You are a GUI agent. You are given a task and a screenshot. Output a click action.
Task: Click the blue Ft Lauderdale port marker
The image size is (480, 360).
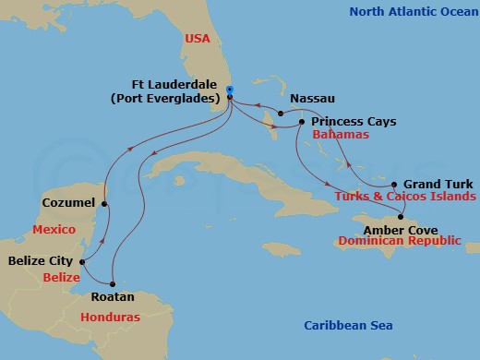pyautogui.click(x=230, y=90)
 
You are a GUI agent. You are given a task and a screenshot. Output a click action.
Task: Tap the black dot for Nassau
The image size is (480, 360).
pyautogui.click(x=281, y=114)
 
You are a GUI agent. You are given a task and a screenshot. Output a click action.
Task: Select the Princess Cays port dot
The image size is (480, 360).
pyautogui.click(x=301, y=121)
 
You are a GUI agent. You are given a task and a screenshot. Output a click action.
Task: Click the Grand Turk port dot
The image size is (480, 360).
pyautogui.click(x=394, y=184)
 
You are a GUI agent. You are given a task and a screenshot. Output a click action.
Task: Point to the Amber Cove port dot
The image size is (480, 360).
pyautogui.click(x=402, y=216)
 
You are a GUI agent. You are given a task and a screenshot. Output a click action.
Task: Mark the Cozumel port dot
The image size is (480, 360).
pyautogui.click(x=105, y=203)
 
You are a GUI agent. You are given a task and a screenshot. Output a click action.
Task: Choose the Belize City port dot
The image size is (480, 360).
pyautogui.click(x=82, y=261)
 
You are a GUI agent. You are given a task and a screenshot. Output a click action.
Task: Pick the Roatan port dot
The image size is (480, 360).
pyautogui.click(x=113, y=283)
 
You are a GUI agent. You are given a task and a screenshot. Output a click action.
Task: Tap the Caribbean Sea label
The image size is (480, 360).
pyautogui.click(x=349, y=325)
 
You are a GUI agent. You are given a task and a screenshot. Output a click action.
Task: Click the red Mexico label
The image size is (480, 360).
pyautogui.click(x=53, y=228)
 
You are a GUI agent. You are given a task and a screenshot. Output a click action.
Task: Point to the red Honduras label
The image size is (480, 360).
pyautogui.click(x=103, y=317)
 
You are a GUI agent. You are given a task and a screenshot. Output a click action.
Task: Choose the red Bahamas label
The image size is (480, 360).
pyautogui.click(x=341, y=135)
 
